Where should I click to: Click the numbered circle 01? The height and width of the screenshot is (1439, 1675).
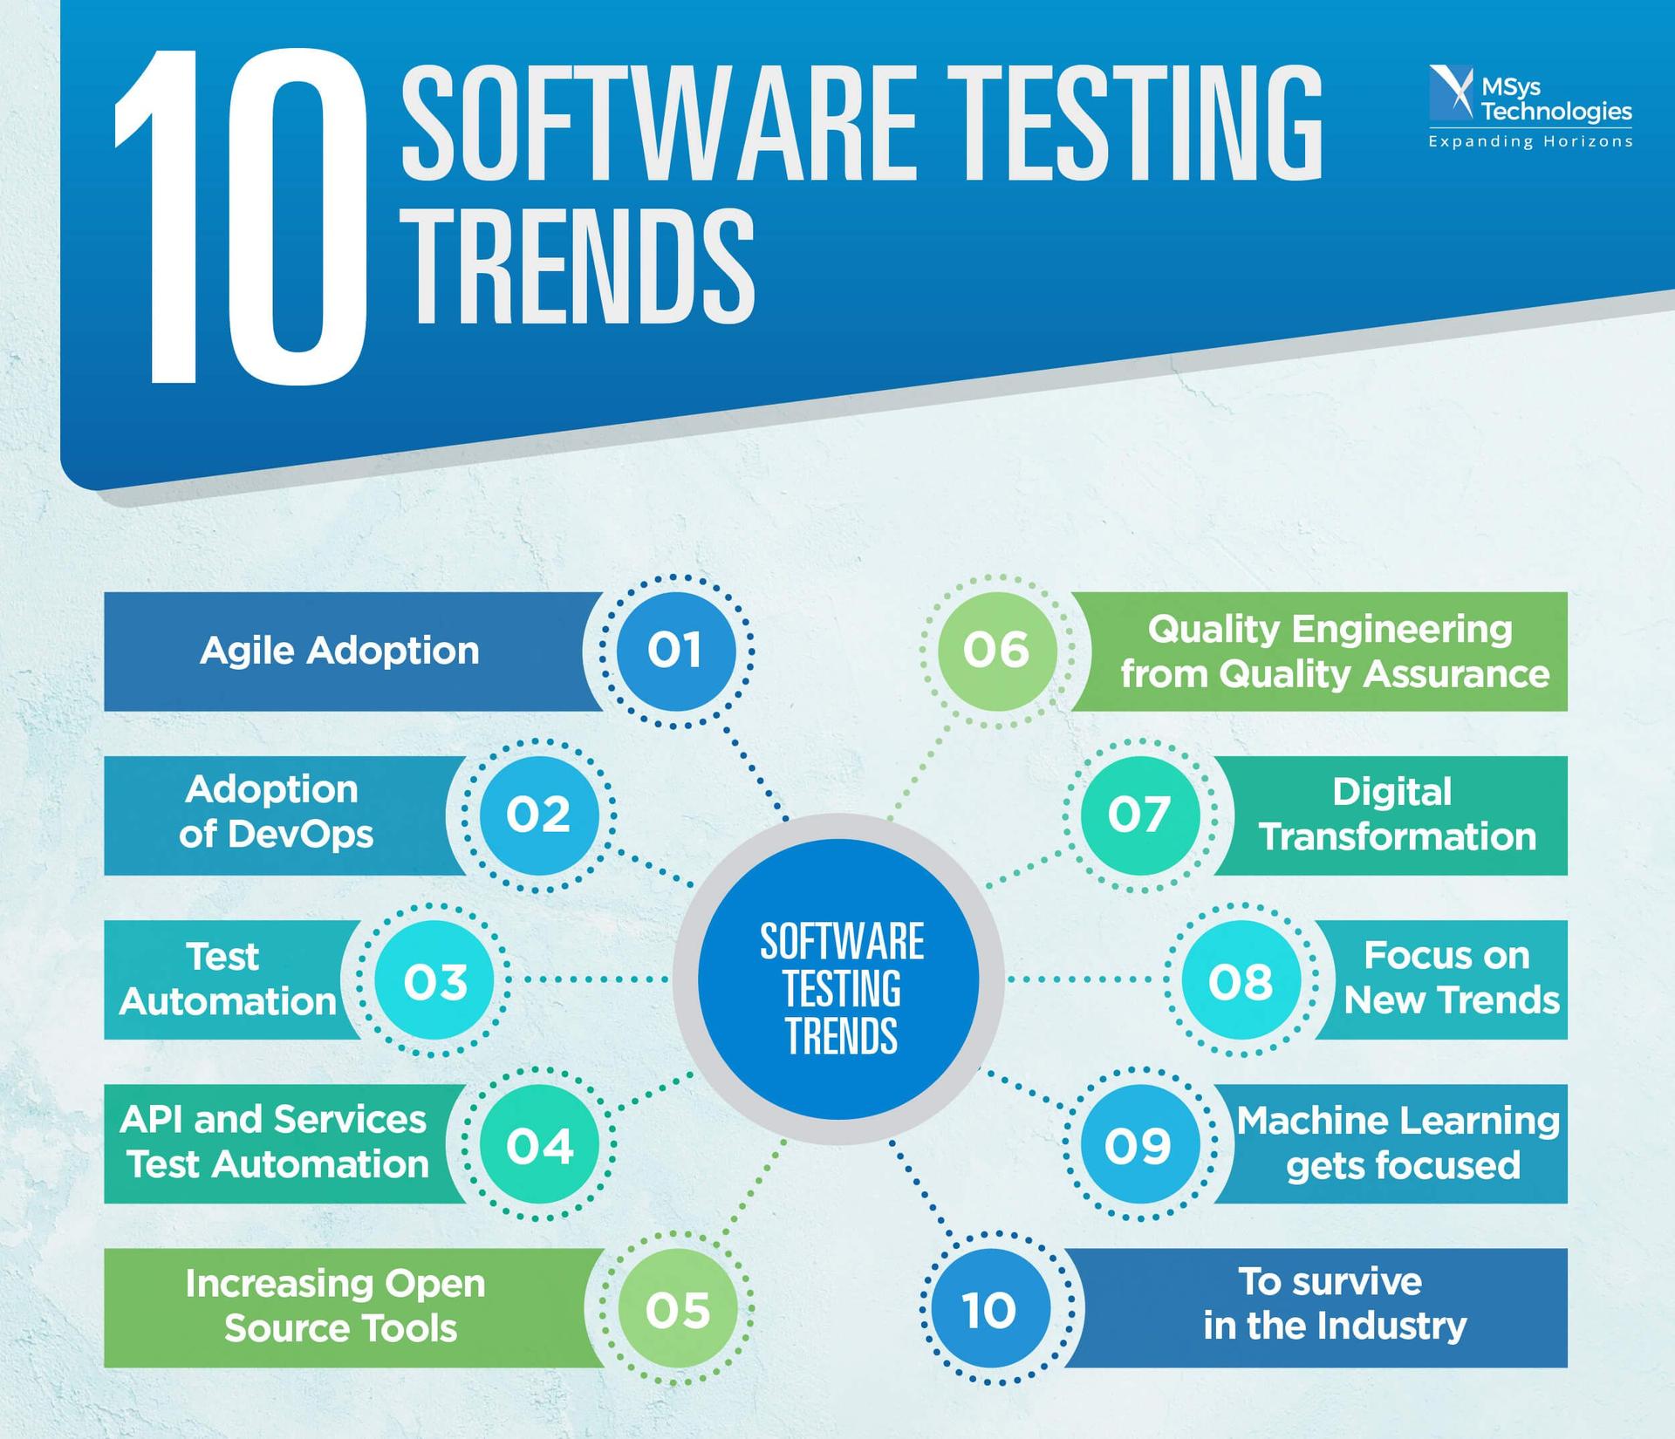(x=675, y=651)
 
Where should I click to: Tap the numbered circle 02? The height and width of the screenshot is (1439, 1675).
(x=538, y=815)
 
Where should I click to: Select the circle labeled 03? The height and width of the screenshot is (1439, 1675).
(x=434, y=979)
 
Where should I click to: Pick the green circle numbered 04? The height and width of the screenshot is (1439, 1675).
(x=538, y=1143)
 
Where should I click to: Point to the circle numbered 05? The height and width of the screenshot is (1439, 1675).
(x=677, y=1308)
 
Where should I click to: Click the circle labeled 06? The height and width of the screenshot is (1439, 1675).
(x=997, y=651)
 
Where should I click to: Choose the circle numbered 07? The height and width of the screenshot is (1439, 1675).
(x=1139, y=815)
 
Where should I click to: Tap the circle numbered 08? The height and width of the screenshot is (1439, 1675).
(x=1241, y=979)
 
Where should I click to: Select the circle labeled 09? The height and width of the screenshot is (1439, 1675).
(x=1139, y=1143)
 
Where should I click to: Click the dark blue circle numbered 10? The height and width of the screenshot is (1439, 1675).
(x=990, y=1308)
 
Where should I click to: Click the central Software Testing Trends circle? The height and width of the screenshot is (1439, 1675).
(x=838, y=979)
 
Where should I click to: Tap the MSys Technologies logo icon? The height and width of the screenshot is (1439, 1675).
(x=1451, y=92)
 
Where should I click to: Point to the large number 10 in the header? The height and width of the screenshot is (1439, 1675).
(x=240, y=218)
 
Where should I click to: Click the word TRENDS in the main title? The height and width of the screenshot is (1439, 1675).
(x=581, y=265)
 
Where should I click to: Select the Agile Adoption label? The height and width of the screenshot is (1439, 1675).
(x=339, y=651)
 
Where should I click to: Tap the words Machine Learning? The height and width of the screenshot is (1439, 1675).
(x=1398, y=1121)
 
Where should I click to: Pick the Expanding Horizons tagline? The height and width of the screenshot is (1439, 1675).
(x=1530, y=141)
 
